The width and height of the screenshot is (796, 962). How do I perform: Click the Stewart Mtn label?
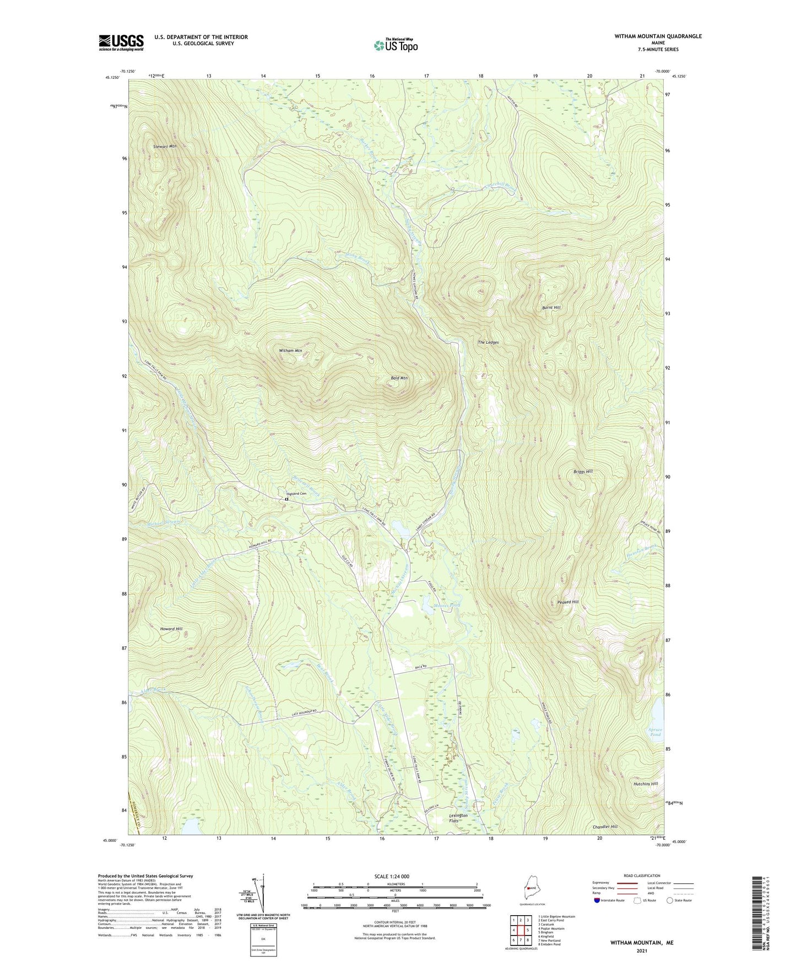[x=165, y=147]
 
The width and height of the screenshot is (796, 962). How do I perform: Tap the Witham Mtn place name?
[x=290, y=350]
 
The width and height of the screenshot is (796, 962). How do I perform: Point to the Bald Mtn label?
[x=399, y=378]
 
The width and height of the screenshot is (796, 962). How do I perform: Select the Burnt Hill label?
[x=551, y=307]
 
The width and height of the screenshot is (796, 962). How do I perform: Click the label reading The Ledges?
[x=488, y=342]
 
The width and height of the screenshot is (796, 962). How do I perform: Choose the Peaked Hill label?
[x=567, y=602]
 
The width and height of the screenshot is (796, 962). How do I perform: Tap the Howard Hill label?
[x=171, y=629]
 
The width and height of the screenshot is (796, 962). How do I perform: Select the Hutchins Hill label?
[x=646, y=783]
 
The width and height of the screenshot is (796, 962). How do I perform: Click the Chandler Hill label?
[x=605, y=827]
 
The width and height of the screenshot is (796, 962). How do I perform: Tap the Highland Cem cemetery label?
[x=296, y=494]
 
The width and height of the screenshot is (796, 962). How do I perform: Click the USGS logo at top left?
[x=121, y=42]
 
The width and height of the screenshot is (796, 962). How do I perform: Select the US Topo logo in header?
[x=396, y=46]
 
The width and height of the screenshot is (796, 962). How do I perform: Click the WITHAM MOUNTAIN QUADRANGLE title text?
[x=658, y=36]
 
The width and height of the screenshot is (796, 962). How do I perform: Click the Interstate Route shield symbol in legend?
[x=598, y=900]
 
